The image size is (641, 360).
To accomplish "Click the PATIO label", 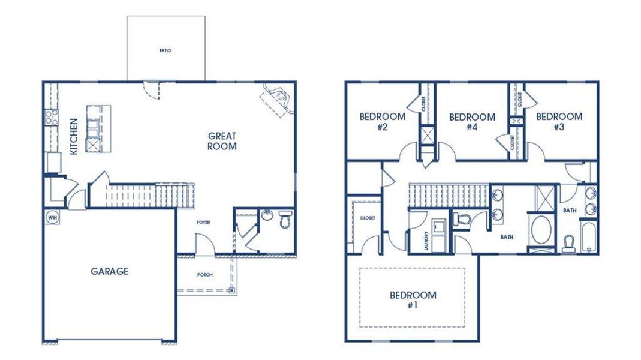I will click(165, 51).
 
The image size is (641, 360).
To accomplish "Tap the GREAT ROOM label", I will click(222, 141).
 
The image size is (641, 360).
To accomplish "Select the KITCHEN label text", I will click(74, 137).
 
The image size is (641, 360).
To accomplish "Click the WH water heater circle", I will click(52, 216).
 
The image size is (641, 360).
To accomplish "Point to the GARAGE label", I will click(109, 271).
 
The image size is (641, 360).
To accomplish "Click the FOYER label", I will click(203, 223).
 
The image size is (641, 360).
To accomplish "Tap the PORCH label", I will click(205, 275).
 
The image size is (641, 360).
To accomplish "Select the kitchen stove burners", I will click(50, 116).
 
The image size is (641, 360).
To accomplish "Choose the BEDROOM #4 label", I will click(472, 121).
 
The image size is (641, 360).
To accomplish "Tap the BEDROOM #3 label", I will click(559, 121).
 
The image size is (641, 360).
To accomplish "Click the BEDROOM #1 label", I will click(413, 299).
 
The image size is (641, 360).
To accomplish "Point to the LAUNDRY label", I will click(425, 241).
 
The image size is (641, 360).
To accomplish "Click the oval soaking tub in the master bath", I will click(543, 230).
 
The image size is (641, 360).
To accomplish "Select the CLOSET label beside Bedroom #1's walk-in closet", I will click(368, 218).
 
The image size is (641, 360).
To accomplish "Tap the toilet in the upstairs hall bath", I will click(569, 242).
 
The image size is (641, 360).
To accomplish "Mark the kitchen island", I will click(98, 128).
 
